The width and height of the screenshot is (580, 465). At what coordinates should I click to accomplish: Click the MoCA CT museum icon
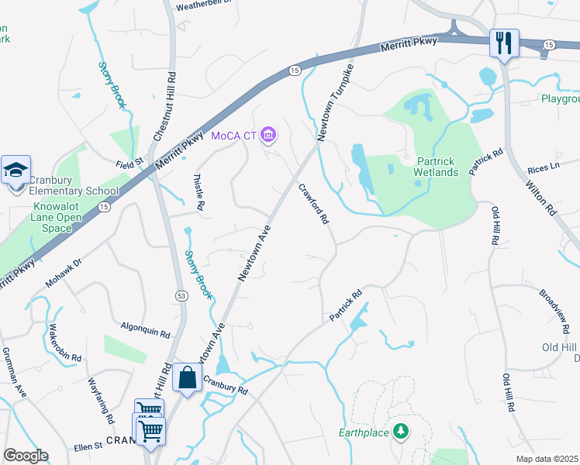point(268,136)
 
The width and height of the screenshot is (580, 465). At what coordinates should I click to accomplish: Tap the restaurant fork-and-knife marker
point(504,43)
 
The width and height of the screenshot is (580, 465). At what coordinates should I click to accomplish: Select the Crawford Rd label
point(314,204)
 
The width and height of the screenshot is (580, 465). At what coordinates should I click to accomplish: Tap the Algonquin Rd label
point(145,330)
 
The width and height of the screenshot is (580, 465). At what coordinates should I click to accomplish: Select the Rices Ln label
point(543,168)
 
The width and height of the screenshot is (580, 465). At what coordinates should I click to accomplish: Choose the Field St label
point(130,163)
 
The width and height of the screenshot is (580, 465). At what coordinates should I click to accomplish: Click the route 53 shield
point(181,295)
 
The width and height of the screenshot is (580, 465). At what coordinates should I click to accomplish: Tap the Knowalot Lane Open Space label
point(57,218)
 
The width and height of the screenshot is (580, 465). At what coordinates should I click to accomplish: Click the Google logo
point(26,456)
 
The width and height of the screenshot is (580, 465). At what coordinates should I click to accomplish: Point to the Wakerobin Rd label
point(64,343)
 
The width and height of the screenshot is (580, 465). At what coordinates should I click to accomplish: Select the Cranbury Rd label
point(225,385)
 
